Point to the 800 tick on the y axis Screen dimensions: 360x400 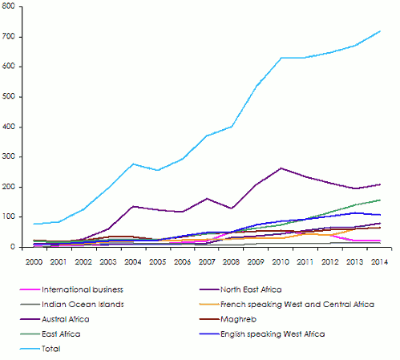coord(10,6)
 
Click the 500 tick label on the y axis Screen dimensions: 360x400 coord(10,97)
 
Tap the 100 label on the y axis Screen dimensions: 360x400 coord(10,217)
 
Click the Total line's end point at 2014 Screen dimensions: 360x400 coord(380,31)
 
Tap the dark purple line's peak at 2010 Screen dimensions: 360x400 coord(281,168)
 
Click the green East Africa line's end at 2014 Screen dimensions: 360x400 coord(380,200)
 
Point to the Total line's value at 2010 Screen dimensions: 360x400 coord(281,58)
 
